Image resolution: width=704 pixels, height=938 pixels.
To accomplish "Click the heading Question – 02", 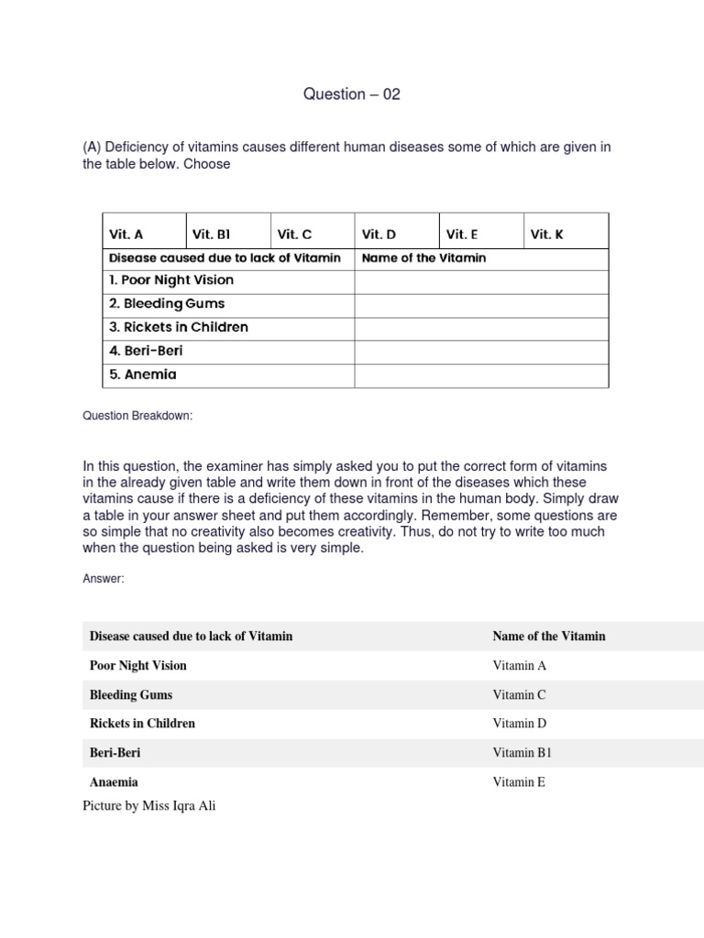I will point(352,94).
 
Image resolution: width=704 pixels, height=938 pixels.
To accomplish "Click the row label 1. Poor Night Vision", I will point(171,280).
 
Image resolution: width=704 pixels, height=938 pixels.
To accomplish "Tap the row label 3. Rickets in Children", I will point(179,327).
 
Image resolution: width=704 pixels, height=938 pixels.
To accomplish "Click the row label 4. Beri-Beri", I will point(147,351).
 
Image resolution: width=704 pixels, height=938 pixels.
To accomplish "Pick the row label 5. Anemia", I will point(143,375).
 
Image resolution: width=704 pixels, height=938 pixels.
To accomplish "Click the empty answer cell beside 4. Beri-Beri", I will point(480,351).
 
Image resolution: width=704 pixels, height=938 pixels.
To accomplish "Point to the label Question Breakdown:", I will point(138,416).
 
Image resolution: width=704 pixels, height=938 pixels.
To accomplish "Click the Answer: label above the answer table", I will point(103,579).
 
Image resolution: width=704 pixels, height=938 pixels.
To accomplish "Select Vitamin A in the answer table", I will point(519,666).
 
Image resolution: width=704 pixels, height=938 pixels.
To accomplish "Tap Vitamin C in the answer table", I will point(519,695).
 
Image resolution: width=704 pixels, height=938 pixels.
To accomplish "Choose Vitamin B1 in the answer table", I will point(522,753).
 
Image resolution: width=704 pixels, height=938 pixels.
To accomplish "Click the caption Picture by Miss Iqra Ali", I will point(149,806).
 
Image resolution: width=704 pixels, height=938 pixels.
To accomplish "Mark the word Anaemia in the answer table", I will point(115,782).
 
